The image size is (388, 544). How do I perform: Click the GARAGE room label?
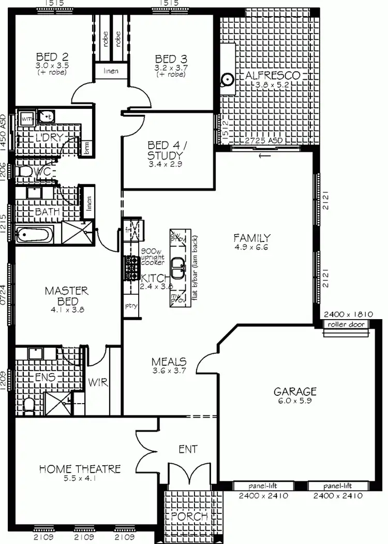pos(295,391)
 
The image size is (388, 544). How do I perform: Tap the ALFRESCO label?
pos(272,76)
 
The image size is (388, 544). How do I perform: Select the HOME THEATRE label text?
pos(80,469)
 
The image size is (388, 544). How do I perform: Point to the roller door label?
pos(346,325)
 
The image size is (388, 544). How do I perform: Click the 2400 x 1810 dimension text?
pos(346,314)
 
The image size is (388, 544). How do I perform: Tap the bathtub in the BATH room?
pos(35,236)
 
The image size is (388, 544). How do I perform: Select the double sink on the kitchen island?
pos(178,268)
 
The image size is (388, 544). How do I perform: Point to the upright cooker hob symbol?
pos(129,268)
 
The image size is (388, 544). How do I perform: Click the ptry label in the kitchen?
pos(131,306)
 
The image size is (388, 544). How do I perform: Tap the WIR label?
pos(98,383)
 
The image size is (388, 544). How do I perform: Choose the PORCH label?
pos(189,517)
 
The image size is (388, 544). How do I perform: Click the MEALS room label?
pos(169,362)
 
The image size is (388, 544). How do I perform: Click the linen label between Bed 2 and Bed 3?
pos(111,71)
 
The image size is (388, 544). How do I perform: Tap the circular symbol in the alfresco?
pos(226,80)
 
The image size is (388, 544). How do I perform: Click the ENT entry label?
pos(187,449)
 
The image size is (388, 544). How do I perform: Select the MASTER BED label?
pos(66,296)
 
